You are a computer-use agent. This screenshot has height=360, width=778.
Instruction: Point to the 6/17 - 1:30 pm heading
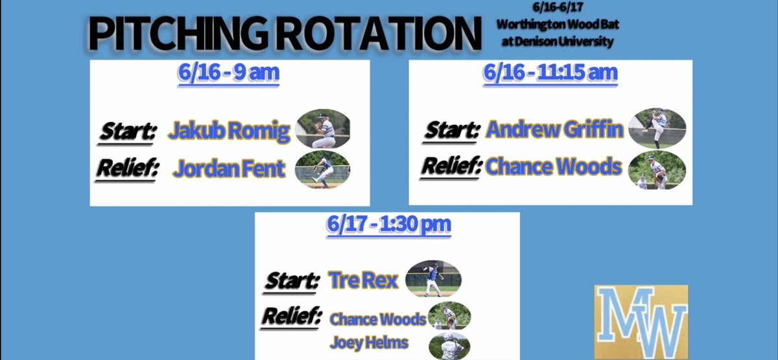tap(389, 225)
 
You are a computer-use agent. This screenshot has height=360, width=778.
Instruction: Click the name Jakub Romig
tap(229, 131)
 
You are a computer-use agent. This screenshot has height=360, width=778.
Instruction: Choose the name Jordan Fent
tap(229, 169)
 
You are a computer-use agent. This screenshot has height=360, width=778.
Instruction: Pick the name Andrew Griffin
tap(554, 130)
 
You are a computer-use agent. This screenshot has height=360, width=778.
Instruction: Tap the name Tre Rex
tap(363, 280)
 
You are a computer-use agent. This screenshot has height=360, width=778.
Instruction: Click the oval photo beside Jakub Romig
tap(323, 128)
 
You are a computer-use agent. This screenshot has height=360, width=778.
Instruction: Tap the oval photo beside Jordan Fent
tap(322, 169)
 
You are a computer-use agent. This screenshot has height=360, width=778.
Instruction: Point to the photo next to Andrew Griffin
tap(657, 128)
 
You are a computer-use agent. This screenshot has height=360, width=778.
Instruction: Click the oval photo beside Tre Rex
tap(433, 279)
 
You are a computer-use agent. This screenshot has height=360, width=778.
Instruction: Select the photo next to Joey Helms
tap(449, 345)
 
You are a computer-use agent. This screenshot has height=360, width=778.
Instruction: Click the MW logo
tap(641, 322)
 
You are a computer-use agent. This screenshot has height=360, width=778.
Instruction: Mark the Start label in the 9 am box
tap(128, 131)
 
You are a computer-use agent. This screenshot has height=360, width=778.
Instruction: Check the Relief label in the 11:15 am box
tap(452, 167)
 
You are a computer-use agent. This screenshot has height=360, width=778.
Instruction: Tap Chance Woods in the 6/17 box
tap(378, 319)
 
